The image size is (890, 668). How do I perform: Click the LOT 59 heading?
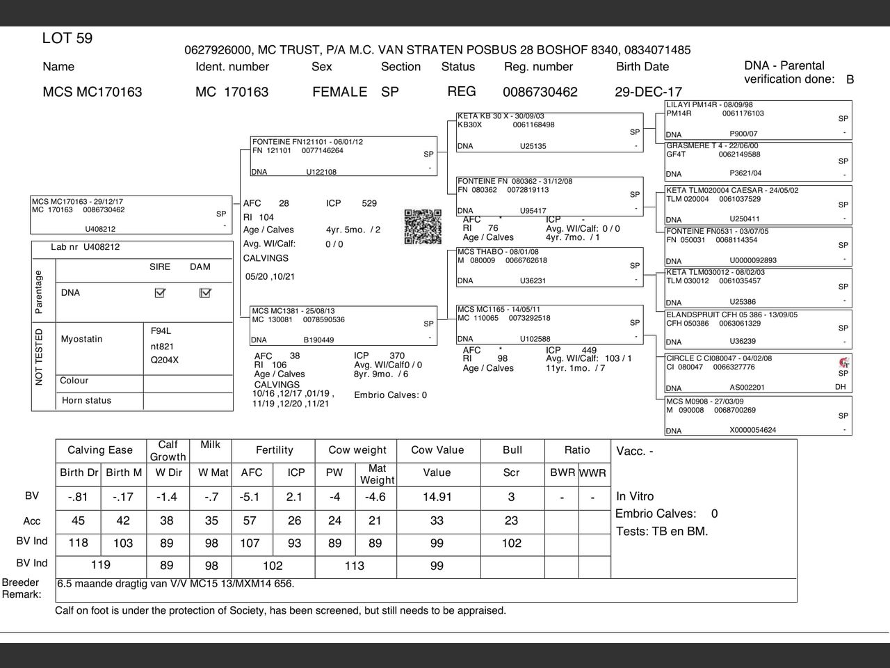67,38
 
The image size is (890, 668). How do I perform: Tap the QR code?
423,226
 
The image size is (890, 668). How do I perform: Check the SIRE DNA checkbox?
160,293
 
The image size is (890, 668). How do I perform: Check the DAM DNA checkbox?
204,293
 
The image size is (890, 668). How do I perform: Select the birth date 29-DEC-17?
648,92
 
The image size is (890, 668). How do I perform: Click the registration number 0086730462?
540,92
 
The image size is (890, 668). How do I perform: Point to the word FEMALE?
339,92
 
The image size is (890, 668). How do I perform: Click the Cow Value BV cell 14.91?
437,497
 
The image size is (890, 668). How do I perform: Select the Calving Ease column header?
100,450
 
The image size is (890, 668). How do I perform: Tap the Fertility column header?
275,450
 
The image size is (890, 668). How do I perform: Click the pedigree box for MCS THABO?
549,267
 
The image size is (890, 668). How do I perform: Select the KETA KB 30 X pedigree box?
549,131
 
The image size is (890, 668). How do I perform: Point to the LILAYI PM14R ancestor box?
758,119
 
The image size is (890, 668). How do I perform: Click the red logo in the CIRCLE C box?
844,362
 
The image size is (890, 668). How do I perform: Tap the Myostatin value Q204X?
165,360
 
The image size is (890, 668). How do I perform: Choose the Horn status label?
86,401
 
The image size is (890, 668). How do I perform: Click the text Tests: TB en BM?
662,532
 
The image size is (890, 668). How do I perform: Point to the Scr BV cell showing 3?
511,497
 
